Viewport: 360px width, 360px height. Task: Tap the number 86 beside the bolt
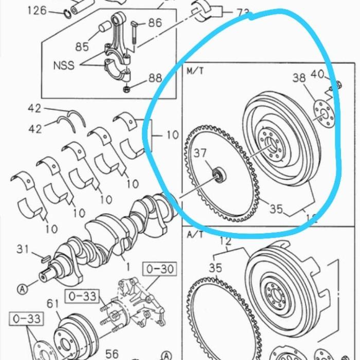coord(155,23)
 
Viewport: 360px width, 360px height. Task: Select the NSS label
coord(63,65)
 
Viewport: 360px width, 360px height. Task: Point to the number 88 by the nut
coord(155,78)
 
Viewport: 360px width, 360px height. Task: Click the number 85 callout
coord(82,47)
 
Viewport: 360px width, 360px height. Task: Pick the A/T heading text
coord(195,234)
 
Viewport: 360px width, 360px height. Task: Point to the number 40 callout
coord(318,74)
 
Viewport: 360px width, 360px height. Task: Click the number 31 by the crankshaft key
coord(23,249)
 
